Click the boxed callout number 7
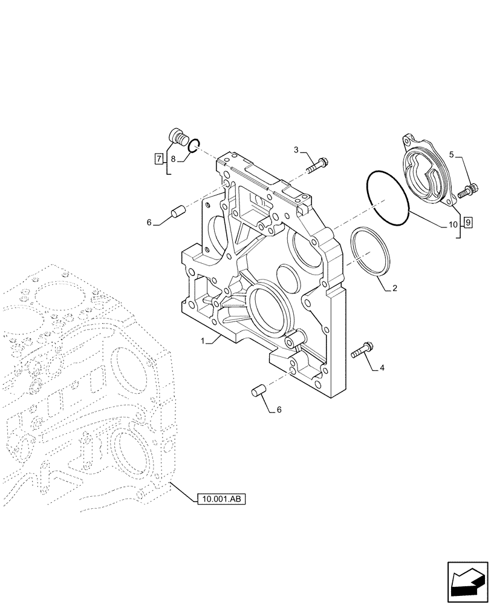(x=158, y=160)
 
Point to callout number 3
(x=297, y=149)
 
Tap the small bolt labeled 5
(x=468, y=192)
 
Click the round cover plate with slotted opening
(x=426, y=172)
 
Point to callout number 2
(x=394, y=289)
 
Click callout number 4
(x=382, y=367)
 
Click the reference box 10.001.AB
(x=221, y=499)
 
